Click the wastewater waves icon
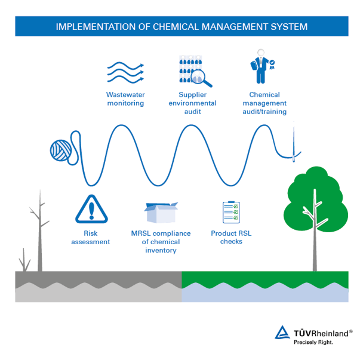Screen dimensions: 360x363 pyautogui.click(x=125, y=73)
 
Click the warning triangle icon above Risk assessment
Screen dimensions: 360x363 pyautogui.click(x=91, y=209)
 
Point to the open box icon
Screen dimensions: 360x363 pyautogui.click(x=161, y=213)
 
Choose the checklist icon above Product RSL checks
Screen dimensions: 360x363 pyautogui.click(x=231, y=213)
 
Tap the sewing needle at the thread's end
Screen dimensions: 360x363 pyautogui.click(x=294, y=143)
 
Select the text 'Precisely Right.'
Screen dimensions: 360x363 pyautogui.click(x=313, y=343)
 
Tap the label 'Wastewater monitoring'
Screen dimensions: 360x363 pyautogui.click(x=125, y=99)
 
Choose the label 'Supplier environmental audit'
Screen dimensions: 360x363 pyautogui.click(x=192, y=103)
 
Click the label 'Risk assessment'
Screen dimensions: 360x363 pyautogui.click(x=91, y=238)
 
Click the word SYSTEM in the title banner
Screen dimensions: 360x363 pyautogui.click(x=289, y=27)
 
